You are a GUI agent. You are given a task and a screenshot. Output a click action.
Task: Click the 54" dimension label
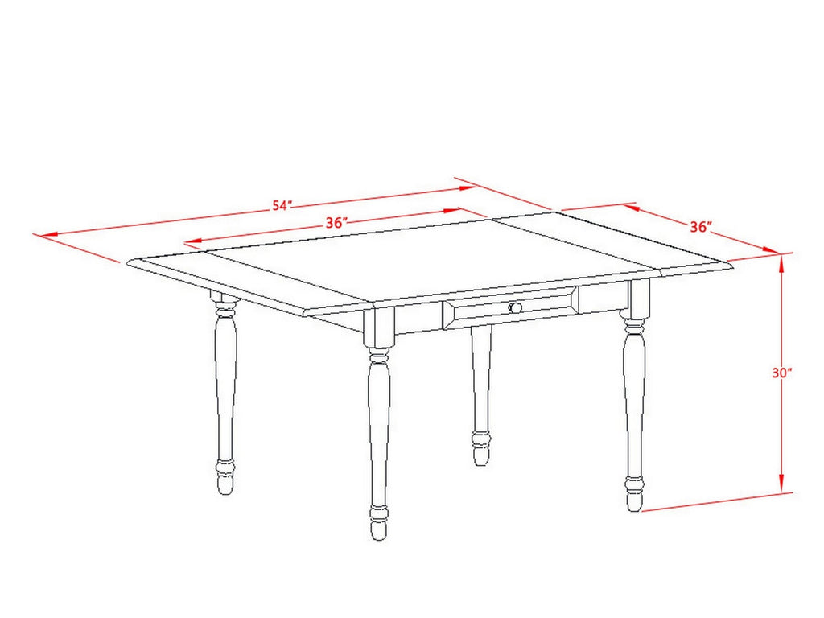[281, 205]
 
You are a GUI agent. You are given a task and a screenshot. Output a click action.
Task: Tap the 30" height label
[782, 373]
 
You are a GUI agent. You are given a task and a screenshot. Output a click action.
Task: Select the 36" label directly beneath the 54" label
[337, 222]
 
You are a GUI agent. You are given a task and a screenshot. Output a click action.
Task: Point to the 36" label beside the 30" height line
[701, 226]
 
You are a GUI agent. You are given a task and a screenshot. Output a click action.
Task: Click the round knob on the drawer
[516, 307]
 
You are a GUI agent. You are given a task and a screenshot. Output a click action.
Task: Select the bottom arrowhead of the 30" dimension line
[781, 484]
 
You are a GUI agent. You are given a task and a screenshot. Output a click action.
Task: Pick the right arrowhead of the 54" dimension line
[466, 188]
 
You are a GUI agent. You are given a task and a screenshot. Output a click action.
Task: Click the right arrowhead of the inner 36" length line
[452, 211]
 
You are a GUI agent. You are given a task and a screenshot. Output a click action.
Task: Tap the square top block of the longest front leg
[378, 327]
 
